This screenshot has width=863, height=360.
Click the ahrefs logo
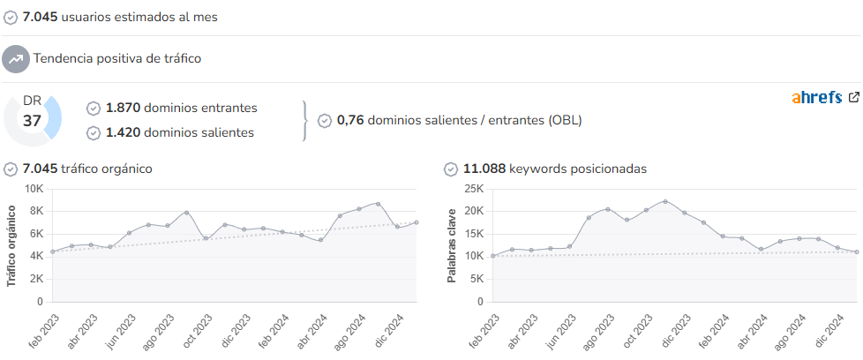[817, 98]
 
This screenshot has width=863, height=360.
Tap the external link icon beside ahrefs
[853, 97]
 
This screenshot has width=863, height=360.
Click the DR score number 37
[32, 121]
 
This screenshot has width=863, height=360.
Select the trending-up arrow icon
[15, 59]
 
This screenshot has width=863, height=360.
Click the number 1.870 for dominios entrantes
[124, 108]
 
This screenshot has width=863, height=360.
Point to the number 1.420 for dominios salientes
[124, 132]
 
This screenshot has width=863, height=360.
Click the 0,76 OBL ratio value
[350, 120]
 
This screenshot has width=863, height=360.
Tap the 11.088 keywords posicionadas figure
[484, 169]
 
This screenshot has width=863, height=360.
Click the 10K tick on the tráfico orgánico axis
[34, 189]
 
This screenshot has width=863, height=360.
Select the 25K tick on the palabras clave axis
[473, 189]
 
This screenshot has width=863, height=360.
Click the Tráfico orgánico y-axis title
[11, 245]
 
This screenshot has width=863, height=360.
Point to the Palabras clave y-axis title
[451, 245]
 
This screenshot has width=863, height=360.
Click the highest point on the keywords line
[665, 201]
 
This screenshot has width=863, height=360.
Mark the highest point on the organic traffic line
[378, 204]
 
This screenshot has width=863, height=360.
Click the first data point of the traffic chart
[52, 251]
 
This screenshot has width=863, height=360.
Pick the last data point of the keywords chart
[857, 251]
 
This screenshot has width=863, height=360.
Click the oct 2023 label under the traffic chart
[198, 331]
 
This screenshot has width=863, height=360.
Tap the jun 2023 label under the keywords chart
[561, 331]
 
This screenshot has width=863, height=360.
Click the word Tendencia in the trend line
[62, 58]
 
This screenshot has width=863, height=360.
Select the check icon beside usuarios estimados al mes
[10, 18]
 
